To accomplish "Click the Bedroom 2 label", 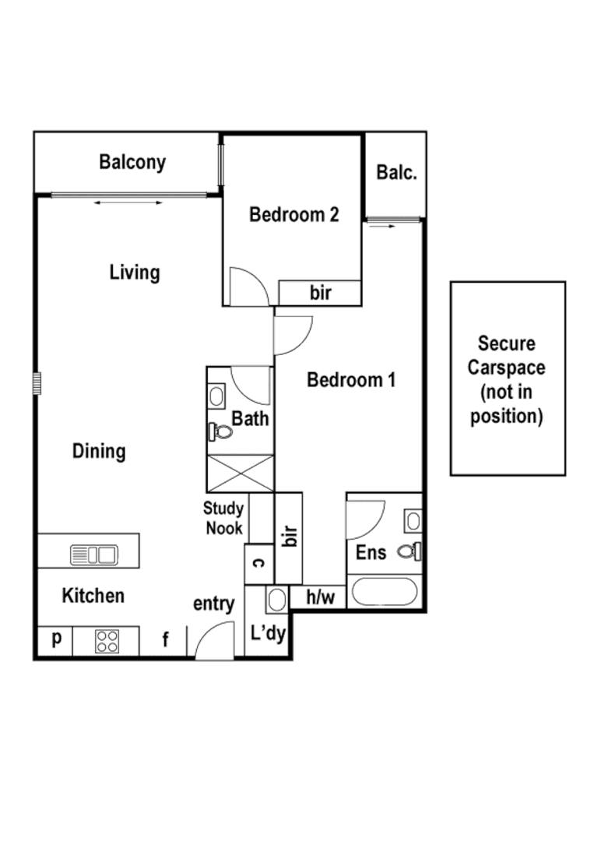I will (293, 214).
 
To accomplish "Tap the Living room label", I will (134, 273).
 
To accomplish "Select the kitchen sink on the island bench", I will (93, 555).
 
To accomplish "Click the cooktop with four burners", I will (107, 641).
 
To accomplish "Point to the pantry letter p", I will (56, 639).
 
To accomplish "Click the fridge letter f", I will (165, 641).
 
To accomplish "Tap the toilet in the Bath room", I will (223, 431).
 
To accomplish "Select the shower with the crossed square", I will (241, 470).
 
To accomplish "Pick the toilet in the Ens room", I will (409, 551).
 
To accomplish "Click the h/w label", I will (320, 597).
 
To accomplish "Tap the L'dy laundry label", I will (268, 633).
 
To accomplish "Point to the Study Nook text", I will (224, 519).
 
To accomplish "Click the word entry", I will (213, 603).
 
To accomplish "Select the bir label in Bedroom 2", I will (321, 293).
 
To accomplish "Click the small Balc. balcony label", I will (396, 172).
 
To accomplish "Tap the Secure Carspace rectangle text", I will (508, 379).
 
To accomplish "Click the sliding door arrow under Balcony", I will (128, 203).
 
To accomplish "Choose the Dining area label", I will (99, 451).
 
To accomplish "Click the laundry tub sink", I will (276, 600).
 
